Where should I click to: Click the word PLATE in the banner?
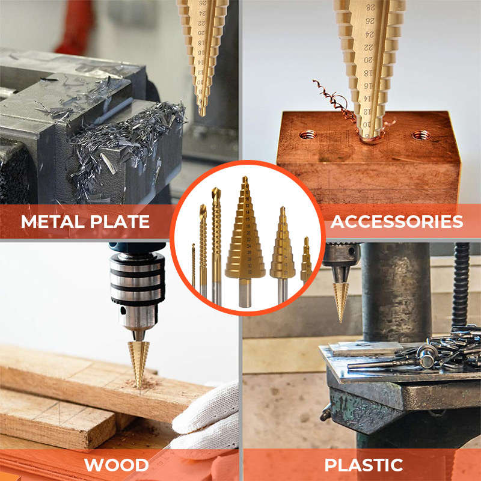(120, 221)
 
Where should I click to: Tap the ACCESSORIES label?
(397, 221)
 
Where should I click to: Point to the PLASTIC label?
(363, 465)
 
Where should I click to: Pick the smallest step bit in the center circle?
(306, 262)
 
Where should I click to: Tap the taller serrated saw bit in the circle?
(216, 240)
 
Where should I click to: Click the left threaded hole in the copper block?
(308, 134)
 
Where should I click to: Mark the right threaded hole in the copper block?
(421, 135)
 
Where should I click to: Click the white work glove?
(207, 415)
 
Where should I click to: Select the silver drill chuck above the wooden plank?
(137, 289)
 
